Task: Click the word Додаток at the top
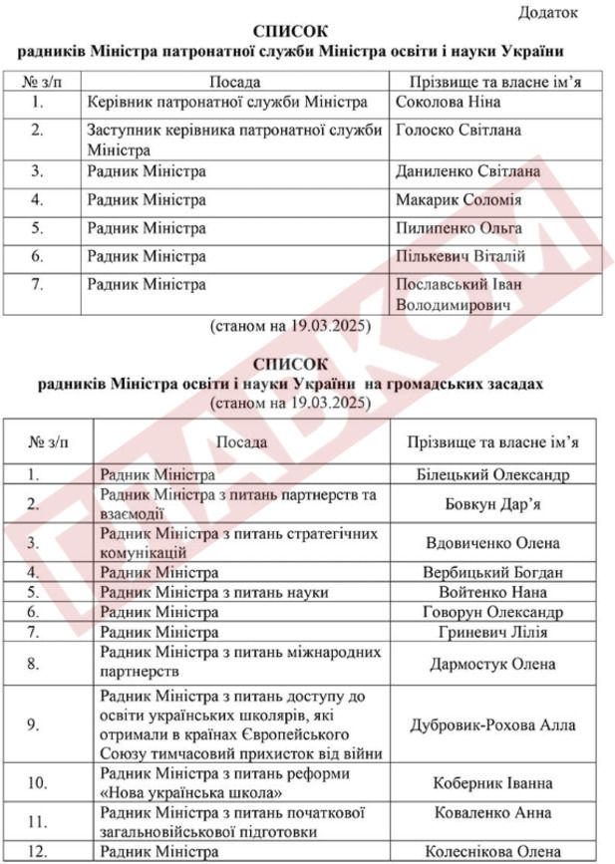(x=548, y=12)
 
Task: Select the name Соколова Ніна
(x=448, y=102)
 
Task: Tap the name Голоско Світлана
(x=458, y=131)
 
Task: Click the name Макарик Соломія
(x=459, y=200)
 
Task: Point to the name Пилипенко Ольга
(x=459, y=228)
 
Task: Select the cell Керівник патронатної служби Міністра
(x=227, y=102)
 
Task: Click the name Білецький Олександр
(x=491, y=474)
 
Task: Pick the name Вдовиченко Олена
(x=492, y=542)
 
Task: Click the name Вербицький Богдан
(x=492, y=572)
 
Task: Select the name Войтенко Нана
(x=492, y=592)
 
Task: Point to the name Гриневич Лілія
(x=492, y=632)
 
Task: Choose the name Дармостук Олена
(x=492, y=662)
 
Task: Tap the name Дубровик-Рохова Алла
(x=492, y=724)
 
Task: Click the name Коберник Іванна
(x=492, y=783)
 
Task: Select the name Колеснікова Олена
(x=492, y=852)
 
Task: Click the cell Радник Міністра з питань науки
(x=214, y=592)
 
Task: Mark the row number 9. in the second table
(x=33, y=724)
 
